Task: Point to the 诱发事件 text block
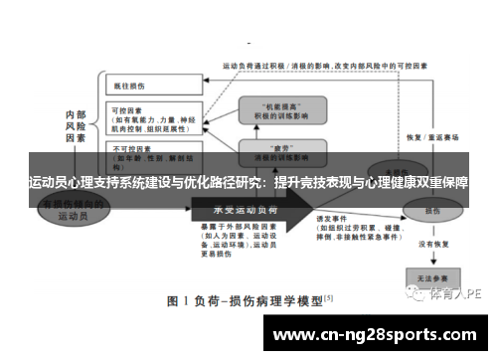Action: pos(353,223)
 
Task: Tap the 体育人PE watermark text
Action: pos(456,294)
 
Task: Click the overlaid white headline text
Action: pos(248,184)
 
